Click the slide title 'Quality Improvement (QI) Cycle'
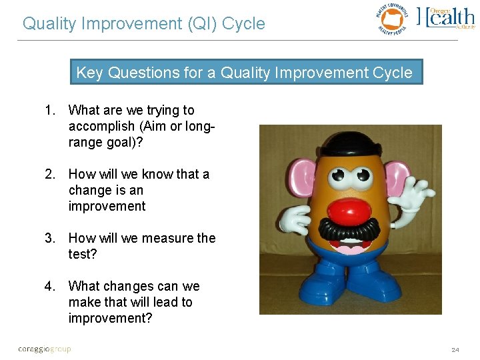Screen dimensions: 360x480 coord(143,24)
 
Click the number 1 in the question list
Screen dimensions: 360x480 coord(49,110)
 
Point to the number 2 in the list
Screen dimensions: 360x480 coord(49,174)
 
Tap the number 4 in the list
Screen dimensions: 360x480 coord(49,286)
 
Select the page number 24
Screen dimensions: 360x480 coord(455,349)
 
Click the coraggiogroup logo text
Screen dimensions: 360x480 coord(44,349)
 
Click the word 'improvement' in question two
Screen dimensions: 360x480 coord(107,206)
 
